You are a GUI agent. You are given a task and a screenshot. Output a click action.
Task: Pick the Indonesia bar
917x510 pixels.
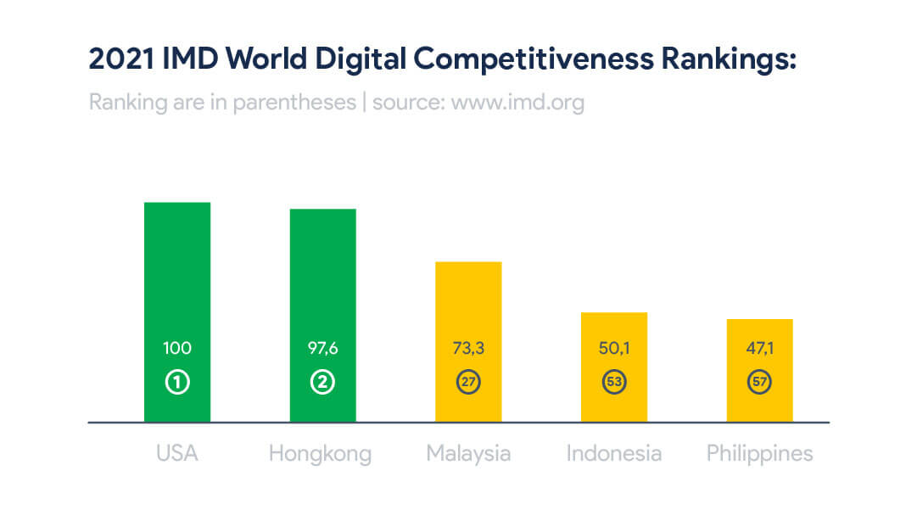click(x=614, y=331)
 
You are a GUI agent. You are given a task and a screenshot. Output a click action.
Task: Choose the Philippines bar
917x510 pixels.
click(x=759, y=335)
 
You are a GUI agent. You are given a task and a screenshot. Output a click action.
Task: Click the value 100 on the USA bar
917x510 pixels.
click(x=177, y=348)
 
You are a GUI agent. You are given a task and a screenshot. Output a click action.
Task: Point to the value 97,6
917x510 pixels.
click(x=322, y=348)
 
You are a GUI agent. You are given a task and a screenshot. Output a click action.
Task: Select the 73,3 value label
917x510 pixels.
click(x=468, y=348)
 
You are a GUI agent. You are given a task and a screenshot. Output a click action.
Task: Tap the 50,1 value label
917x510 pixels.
click(x=614, y=348)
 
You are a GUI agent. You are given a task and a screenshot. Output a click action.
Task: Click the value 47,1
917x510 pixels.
click(x=759, y=348)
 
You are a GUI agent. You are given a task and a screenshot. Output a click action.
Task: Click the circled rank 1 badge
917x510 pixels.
click(x=177, y=383)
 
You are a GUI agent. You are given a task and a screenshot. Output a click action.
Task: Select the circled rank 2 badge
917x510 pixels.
click(x=322, y=383)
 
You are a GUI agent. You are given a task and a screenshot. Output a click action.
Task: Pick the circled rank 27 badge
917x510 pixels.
click(x=468, y=383)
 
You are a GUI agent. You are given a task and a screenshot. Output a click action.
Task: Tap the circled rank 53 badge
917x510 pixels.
click(x=614, y=383)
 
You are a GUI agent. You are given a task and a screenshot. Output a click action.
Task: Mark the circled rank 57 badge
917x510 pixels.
click(x=759, y=383)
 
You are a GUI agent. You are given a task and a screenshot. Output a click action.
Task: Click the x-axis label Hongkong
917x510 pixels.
click(x=320, y=454)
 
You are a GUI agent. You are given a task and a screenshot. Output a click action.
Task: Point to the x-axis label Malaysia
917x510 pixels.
click(x=468, y=454)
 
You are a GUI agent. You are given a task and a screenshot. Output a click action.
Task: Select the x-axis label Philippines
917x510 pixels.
click(x=759, y=454)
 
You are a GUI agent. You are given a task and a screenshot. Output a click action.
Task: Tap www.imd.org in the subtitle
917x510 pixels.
click(x=517, y=103)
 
